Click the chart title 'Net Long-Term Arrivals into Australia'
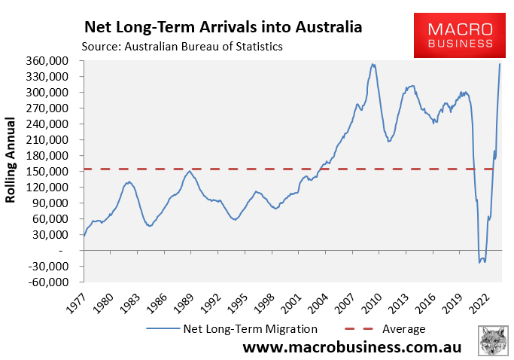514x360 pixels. (x=223, y=27)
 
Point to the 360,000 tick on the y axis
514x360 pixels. (x=56, y=61)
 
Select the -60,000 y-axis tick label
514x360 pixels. (x=56, y=282)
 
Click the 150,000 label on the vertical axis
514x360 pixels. (x=56, y=172)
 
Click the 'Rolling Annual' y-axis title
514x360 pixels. (x=11, y=160)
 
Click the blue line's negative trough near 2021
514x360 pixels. (x=482, y=261)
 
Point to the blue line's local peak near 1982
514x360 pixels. (x=129, y=182)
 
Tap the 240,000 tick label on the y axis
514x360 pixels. (x=56, y=124)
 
